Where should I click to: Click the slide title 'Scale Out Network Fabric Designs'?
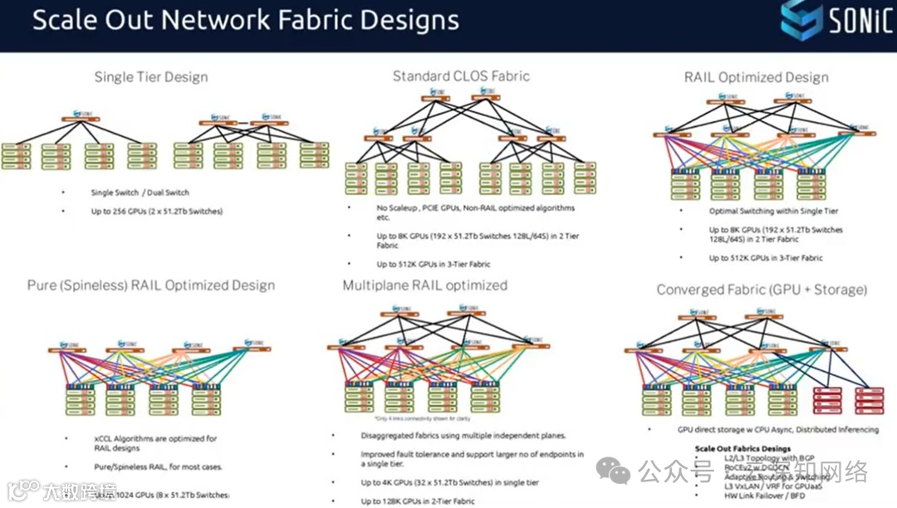[x=245, y=20]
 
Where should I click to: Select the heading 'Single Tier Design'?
[x=151, y=77]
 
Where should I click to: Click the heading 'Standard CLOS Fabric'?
[x=461, y=76]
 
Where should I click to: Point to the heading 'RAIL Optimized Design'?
[x=756, y=77]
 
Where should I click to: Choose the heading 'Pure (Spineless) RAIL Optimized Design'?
[x=151, y=286]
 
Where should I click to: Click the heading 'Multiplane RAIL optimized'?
[x=424, y=286]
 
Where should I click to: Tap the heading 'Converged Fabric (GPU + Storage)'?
[x=762, y=290]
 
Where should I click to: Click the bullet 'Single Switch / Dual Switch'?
[x=126, y=193]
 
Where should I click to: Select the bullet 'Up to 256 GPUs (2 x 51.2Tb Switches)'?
[x=157, y=212]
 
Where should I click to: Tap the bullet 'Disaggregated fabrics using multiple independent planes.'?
[x=463, y=436]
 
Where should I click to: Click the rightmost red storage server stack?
[x=869, y=400]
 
